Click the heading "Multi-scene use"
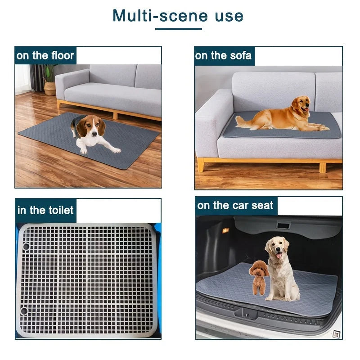pos(178,16)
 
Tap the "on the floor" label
pos(45,56)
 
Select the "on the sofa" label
pos(223,56)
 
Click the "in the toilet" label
pos(45,210)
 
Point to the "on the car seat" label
pos(235,206)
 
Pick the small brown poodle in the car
pos(259,277)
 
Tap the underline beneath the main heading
pos(178,29)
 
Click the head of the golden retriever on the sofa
pos(300,106)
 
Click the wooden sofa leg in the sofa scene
pos(201,165)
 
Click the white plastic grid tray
pos(88,279)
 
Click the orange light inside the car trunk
pos(225,230)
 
